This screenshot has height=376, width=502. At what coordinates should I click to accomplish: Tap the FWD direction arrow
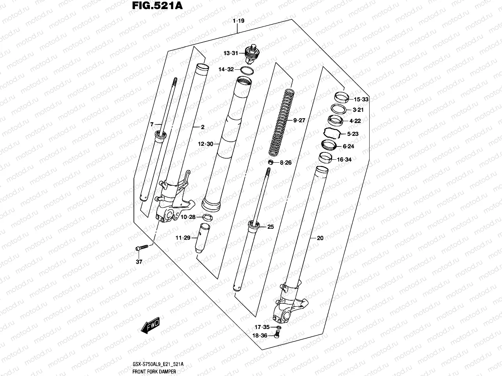tap(149, 325)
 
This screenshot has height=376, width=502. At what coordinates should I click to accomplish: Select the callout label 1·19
tap(238, 21)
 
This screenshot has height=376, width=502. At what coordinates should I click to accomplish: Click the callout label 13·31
tap(231, 54)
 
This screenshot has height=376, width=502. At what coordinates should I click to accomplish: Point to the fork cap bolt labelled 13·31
tap(251, 53)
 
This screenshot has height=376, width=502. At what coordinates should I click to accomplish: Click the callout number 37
tap(139, 262)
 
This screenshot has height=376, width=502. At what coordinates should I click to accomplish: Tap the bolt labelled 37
tap(142, 248)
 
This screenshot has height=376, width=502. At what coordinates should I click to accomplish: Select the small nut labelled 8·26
tap(270, 162)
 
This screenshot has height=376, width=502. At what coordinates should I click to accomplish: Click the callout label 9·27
tap(299, 120)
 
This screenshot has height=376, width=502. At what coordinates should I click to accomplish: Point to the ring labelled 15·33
tap(341, 97)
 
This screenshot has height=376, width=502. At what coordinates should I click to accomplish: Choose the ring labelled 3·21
tap(338, 109)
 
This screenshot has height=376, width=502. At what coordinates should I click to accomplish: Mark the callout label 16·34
tap(344, 160)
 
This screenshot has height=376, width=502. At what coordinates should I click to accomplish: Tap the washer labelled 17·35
tap(278, 327)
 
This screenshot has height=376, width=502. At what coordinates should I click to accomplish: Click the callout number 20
tap(320, 238)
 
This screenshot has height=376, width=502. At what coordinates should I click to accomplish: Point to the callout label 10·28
tap(188, 217)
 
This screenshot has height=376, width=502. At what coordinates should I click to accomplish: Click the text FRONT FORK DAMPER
tap(154, 372)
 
